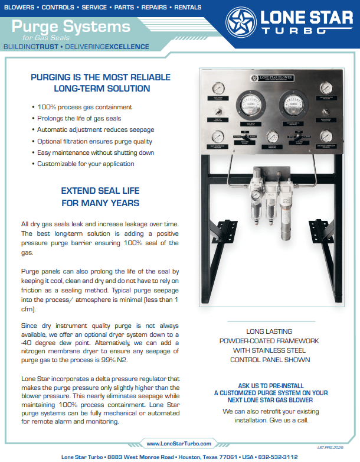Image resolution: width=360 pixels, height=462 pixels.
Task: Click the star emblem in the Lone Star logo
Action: [241, 23]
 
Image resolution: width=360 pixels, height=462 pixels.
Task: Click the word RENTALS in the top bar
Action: [184, 7]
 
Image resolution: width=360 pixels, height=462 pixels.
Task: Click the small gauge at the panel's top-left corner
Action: [217, 90]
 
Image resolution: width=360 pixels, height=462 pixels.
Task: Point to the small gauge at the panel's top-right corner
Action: [327, 90]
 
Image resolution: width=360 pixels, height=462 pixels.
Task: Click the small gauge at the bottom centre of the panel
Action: [272, 137]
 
